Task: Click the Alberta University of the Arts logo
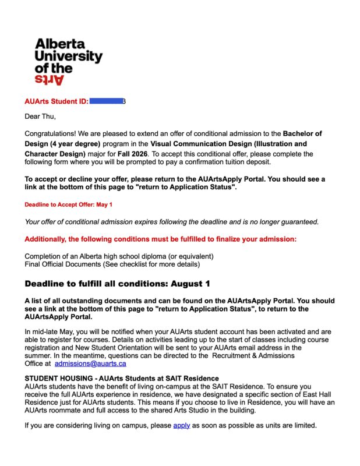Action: pos(68,61)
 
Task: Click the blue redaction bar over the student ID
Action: pos(106,101)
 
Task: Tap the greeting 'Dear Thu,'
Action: pos(40,116)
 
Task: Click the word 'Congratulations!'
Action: pos(50,133)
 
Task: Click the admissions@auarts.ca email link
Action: pos(90,363)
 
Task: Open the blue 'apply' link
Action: pos(182,425)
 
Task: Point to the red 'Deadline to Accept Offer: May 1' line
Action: pos(69,204)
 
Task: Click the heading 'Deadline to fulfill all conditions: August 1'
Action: pos(117,284)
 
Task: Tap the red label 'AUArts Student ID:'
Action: pos(57,101)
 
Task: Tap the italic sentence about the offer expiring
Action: pos(171,221)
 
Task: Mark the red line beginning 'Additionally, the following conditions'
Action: pos(161,239)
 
